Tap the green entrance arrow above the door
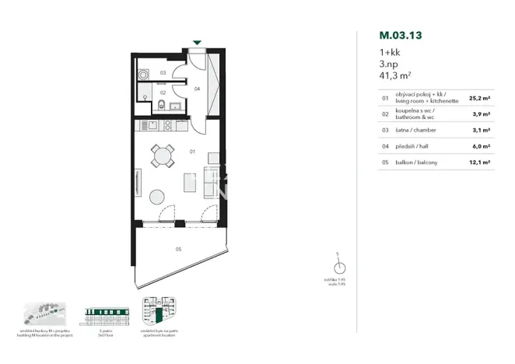[198, 43]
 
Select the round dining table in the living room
[163, 156]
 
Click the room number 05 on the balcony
[178, 250]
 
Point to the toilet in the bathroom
[159, 108]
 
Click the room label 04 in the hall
[198, 89]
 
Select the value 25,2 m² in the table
[479, 99]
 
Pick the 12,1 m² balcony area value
[479, 163]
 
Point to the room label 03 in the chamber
[163, 72]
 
